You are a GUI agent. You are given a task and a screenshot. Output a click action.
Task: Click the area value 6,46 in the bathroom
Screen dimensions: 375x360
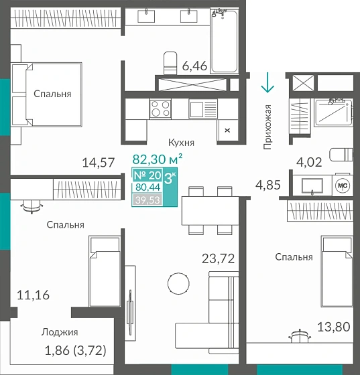[194, 66]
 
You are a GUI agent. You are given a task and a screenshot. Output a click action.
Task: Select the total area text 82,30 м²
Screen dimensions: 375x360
[158, 160]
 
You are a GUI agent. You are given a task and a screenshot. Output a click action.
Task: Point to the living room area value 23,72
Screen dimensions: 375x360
[219, 258]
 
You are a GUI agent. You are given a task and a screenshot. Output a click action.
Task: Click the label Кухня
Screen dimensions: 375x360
[181, 143]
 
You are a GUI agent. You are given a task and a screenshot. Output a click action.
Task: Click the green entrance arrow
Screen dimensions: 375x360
[267, 83]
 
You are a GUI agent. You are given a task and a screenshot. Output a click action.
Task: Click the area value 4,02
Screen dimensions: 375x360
[310, 161]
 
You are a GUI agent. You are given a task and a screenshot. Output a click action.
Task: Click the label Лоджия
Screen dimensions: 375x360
[60, 331]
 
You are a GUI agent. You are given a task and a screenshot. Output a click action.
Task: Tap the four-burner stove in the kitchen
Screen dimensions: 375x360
[160, 108]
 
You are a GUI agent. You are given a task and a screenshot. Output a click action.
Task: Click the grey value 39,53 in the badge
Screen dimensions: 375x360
[147, 199]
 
